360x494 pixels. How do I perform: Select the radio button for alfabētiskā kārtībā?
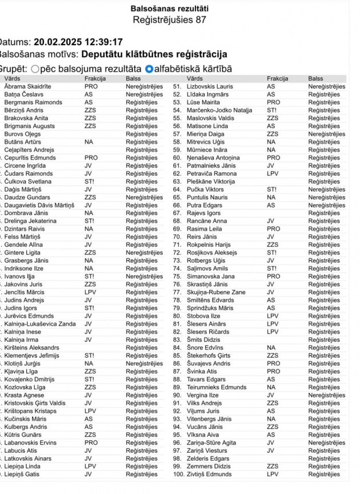149,69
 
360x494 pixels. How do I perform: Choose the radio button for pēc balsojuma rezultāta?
35,69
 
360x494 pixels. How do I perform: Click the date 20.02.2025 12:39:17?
78,42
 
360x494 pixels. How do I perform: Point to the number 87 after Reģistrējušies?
200,20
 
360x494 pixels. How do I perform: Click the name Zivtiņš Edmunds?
209,474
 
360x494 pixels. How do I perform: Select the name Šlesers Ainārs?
206,324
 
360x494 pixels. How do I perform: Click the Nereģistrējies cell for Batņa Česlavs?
144,94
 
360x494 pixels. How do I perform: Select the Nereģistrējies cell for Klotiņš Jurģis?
144,363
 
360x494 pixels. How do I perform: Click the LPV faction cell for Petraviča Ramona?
273,174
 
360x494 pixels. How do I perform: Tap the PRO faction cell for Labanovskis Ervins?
91,443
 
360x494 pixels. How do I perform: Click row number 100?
178,474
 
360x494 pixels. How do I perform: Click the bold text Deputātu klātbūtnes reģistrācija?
154,55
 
